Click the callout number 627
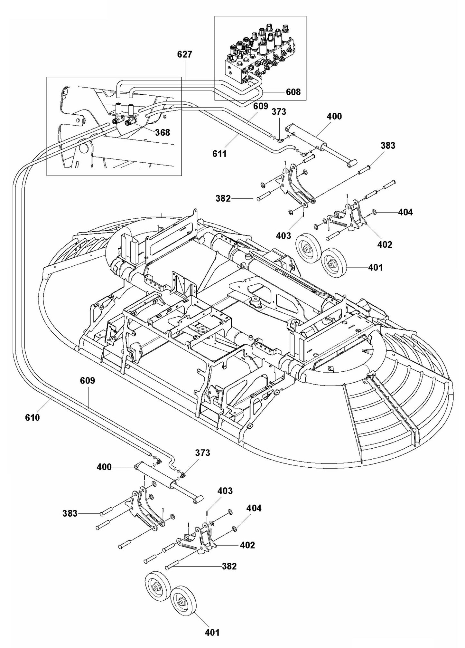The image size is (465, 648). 184,55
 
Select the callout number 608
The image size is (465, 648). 293,92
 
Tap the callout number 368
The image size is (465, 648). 163,132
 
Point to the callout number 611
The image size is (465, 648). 219,154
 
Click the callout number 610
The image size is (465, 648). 33,418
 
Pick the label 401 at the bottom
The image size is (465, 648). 212,633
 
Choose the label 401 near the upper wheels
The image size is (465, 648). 375,267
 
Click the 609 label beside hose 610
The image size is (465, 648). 88,381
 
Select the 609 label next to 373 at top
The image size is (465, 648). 261,106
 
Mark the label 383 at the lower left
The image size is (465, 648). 70,513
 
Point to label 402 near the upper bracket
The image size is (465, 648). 385,244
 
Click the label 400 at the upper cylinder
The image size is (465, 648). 334,116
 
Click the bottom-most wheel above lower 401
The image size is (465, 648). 183,601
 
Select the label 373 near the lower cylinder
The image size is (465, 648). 203,453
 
